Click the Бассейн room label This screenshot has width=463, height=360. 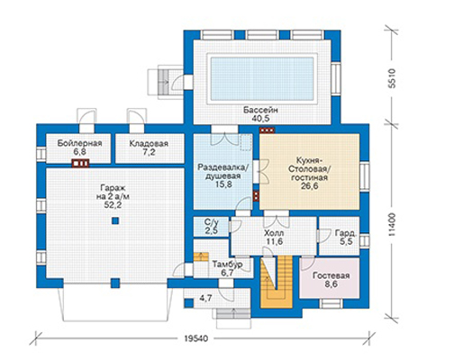pos(260,110)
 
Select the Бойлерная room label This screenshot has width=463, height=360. pos(79,143)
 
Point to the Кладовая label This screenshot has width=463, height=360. pos(149,144)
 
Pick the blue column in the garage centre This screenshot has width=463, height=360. pos(115,221)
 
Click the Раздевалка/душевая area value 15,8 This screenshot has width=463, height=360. pos(223,184)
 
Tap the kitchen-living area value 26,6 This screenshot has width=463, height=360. pos(310,186)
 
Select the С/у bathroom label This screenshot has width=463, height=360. pos(211,222)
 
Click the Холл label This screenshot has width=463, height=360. pos(274,233)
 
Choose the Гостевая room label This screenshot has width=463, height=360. pos(331,275)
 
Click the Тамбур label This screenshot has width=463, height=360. pos(228,265)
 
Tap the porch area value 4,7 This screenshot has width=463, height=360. pos(206,298)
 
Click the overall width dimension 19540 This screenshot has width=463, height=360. pos(196,338)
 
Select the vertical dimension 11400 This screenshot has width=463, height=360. pos(393,225)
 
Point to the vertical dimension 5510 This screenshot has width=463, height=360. pos(392,78)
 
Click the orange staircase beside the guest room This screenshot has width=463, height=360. pos(277,282)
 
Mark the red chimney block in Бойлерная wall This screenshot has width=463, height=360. pos(80,163)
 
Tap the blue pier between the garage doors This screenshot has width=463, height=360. pos(115,283)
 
